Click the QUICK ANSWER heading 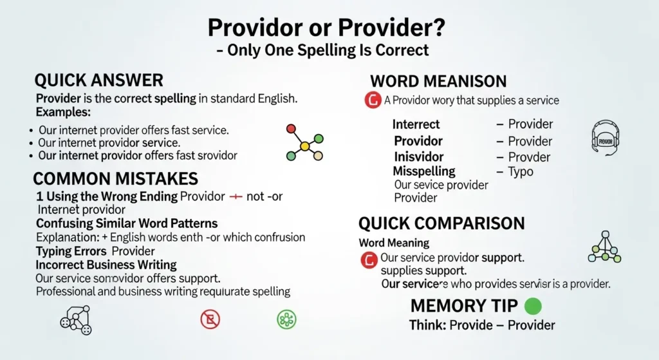click(98, 81)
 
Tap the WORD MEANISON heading click(438, 82)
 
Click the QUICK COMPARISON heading click(441, 223)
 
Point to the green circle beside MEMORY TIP click(534, 305)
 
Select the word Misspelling click(424, 171)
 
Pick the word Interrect click(416, 124)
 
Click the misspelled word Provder click(530, 156)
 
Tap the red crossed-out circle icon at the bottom click(210, 319)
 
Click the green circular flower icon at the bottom click(286, 319)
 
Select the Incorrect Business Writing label click(106, 265)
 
